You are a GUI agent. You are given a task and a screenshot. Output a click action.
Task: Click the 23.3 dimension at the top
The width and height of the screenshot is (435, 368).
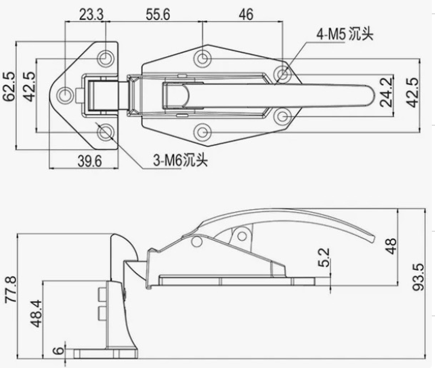point(91,14)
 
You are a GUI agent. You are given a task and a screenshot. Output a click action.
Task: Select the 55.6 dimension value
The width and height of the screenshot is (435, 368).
point(157,14)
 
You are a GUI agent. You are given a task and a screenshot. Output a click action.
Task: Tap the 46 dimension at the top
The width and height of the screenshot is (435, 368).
point(245,14)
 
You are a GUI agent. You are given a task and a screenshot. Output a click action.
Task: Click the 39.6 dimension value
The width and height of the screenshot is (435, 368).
point(90,161)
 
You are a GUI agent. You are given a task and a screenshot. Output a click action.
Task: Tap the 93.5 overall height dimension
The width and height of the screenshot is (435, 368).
point(418,277)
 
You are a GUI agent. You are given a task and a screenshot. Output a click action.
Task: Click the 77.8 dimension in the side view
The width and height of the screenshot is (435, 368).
point(9,290)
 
